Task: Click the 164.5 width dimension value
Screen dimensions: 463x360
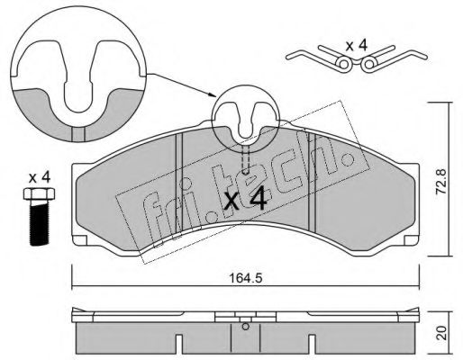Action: pos(246,278)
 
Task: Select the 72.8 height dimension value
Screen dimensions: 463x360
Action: pos(441,181)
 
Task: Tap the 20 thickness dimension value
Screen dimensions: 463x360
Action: pos(441,333)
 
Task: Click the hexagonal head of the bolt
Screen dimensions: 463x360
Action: pos(39,194)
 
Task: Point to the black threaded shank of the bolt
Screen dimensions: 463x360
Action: pos(39,223)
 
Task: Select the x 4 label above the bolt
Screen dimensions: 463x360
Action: pos(40,178)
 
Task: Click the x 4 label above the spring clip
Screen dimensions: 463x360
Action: pos(356,46)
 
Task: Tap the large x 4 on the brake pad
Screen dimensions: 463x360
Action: pos(246,199)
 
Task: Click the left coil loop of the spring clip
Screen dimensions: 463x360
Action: pos(342,64)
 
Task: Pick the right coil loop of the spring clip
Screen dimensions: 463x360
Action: pos(369,64)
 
